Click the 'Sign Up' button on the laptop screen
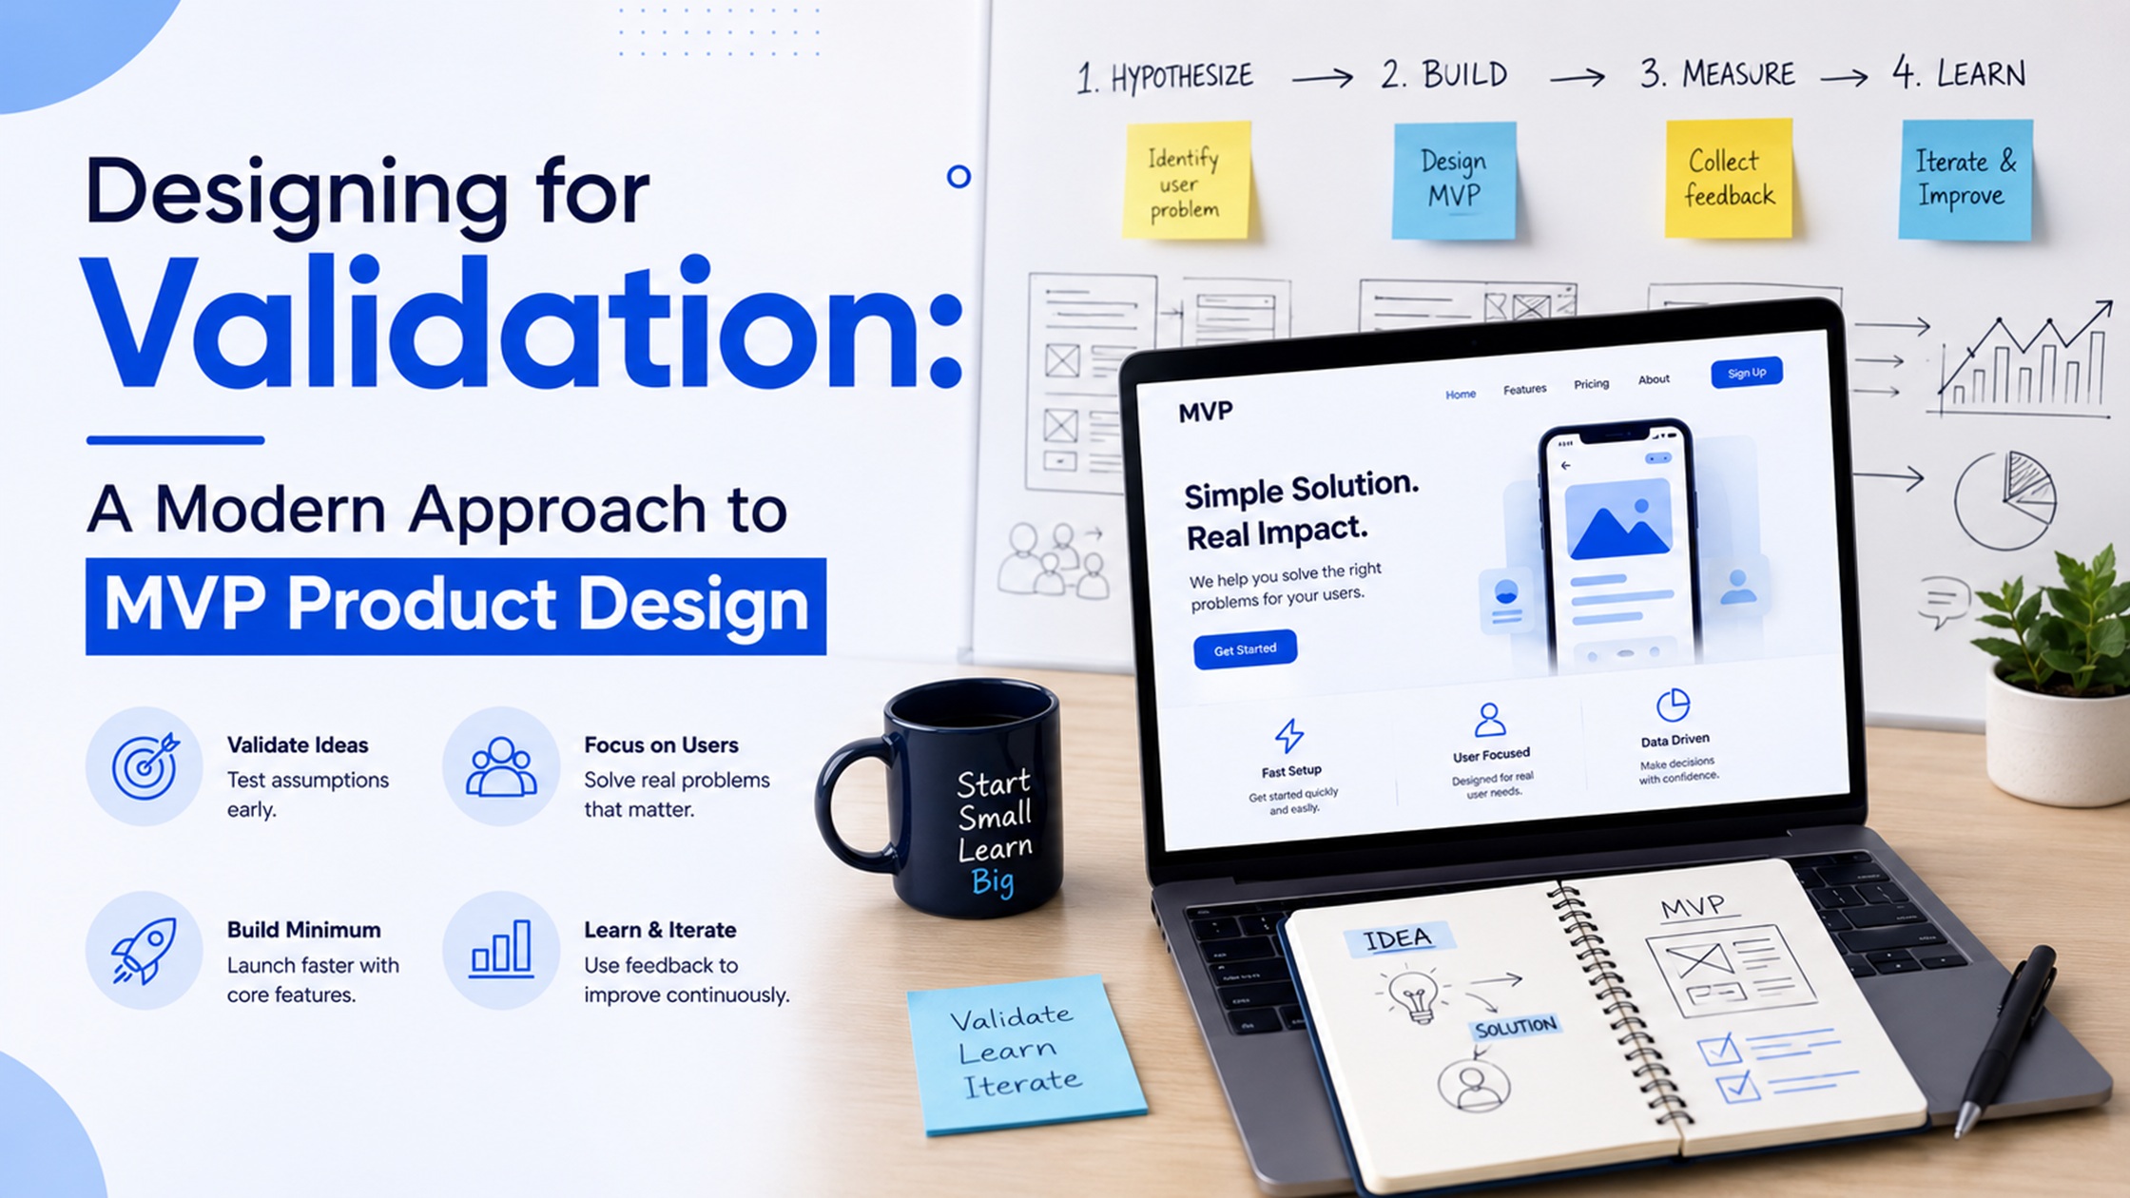[1747, 373]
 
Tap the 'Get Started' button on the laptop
[1245, 649]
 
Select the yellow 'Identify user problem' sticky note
[1186, 180]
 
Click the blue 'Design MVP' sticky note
[1454, 180]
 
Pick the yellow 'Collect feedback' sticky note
[1729, 178]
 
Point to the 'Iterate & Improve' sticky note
[1965, 179]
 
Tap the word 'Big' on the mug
[993, 882]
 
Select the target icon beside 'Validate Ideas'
[145, 765]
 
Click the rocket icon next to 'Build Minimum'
[145, 950]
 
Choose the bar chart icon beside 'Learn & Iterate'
[501, 949]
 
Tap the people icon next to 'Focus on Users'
[501, 766]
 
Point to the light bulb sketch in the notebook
[1414, 995]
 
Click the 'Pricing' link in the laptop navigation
[1591, 384]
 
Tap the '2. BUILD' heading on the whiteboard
[1444, 74]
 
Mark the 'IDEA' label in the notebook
[1398, 939]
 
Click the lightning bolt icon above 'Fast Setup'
[1288, 735]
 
